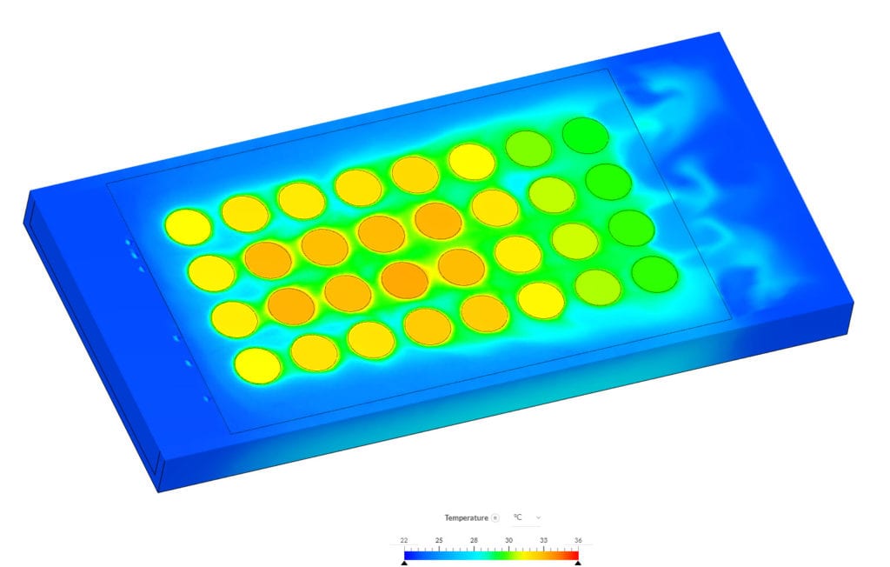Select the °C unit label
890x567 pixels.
tap(517, 517)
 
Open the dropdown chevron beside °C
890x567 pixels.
tap(538, 517)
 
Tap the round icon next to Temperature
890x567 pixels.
tap(495, 517)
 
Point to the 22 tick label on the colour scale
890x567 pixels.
tap(404, 540)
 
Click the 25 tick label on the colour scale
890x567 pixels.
tap(439, 540)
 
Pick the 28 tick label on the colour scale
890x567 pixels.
tap(474, 540)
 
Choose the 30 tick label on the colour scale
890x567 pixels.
tap(508, 540)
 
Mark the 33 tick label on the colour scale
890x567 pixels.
tap(543, 540)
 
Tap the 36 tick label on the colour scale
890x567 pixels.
tap(578, 540)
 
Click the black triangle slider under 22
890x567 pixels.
tap(404, 562)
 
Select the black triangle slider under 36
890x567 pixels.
tap(578, 562)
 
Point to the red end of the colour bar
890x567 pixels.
tap(574, 551)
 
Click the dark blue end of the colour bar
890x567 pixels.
tap(408, 551)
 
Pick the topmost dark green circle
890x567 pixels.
tap(584, 135)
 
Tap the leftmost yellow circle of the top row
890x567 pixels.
tap(188, 226)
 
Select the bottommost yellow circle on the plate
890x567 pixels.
tap(258, 364)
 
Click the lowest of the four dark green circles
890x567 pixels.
tap(654, 273)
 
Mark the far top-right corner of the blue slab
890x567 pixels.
tap(720, 33)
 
